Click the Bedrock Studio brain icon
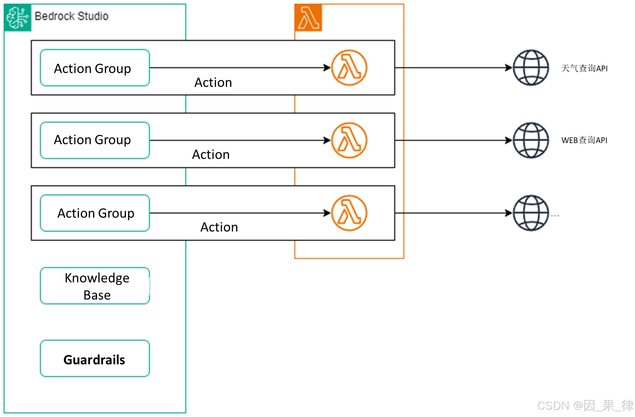click(17, 18)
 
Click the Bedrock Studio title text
click(71, 16)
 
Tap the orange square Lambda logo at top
click(308, 18)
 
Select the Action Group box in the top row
click(95, 68)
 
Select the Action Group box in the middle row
click(95, 140)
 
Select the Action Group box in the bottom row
click(95, 213)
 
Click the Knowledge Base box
click(95, 286)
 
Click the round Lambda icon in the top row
click(349, 68)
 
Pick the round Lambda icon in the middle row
click(349, 140)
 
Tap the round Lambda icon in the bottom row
click(349, 213)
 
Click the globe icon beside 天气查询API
click(530, 68)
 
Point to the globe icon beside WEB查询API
click(530, 140)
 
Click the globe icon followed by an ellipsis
click(530, 213)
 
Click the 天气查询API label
click(584, 68)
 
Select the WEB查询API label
click(584, 140)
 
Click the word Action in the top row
click(213, 82)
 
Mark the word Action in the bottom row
click(219, 227)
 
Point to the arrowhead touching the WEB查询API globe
click(509, 140)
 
